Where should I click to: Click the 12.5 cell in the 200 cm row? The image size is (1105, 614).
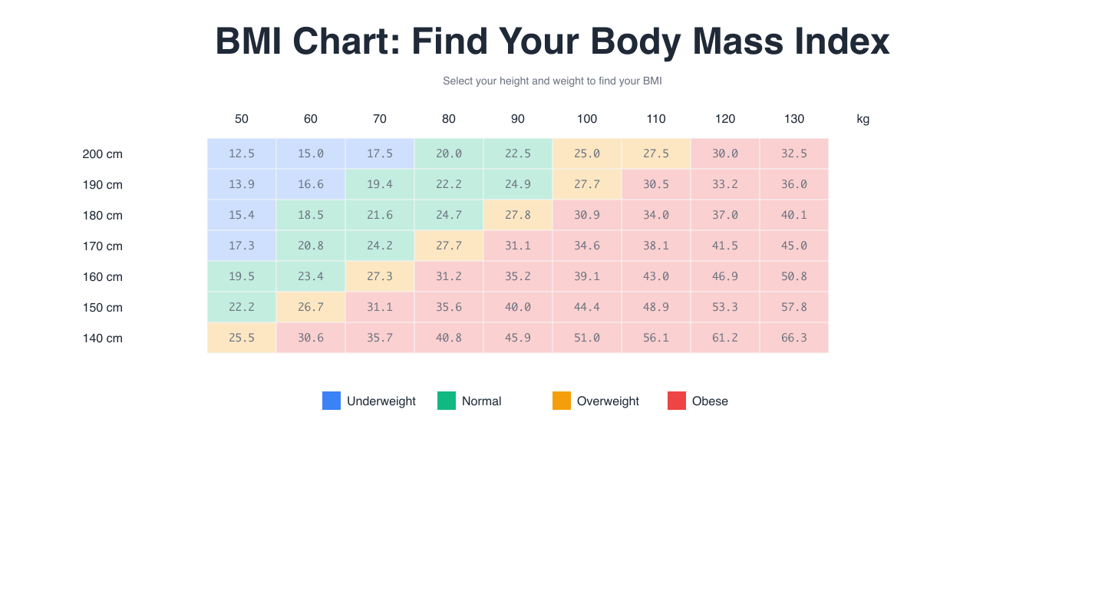[x=242, y=153]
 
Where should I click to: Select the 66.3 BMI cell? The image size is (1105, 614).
[x=794, y=338]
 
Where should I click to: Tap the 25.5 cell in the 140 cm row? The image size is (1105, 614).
[x=242, y=338]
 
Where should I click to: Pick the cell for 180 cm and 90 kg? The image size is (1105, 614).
[x=518, y=215]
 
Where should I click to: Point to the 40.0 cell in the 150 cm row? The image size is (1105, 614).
[x=518, y=307]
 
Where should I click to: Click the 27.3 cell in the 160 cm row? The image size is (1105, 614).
[x=380, y=276]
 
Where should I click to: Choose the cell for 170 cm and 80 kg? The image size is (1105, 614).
[x=449, y=246]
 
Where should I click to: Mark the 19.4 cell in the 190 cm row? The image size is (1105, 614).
[x=380, y=184]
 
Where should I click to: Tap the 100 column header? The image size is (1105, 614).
[x=587, y=119]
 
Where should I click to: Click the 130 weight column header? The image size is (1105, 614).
[x=794, y=119]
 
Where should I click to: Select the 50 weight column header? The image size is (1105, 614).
[x=242, y=119]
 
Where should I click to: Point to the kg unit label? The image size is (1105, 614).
[x=863, y=119]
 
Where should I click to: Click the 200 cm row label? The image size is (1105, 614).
[x=103, y=154]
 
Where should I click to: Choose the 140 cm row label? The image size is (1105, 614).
[x=103, y=338]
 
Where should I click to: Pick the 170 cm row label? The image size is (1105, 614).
[x=103, y=246]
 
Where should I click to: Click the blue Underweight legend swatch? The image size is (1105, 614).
[x=331, y=401]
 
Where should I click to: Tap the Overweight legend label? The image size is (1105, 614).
[x=608, y=401]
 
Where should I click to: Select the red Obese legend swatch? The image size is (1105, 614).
[x=677, y=401]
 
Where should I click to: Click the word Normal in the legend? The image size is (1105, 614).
[x=481, y=401]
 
